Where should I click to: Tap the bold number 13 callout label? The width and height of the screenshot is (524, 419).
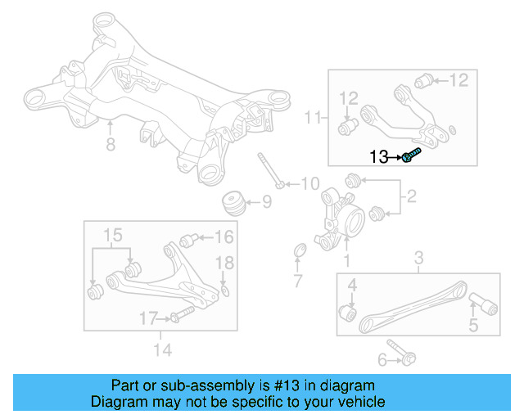(381, 156)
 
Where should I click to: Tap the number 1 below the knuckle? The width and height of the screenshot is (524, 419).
(346, 261)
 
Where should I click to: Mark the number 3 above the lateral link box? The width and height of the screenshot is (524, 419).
(418, 261)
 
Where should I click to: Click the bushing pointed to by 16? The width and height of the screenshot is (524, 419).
(187, 240)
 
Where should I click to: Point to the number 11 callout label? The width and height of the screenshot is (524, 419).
(312, 119)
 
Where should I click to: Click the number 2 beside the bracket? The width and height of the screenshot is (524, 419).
(411, 196)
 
